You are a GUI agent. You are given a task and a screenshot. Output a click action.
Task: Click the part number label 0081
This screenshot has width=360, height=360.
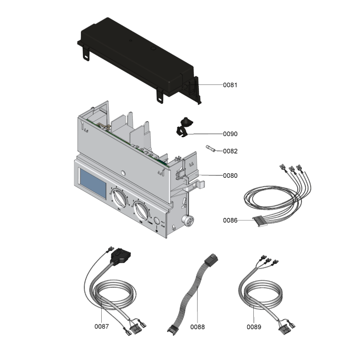[x=230, y=85]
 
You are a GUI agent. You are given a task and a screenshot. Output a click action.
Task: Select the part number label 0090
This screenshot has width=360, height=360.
[x=230, y=134]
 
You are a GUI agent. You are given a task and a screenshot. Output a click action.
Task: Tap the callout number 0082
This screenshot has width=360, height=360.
[x=230, y=151]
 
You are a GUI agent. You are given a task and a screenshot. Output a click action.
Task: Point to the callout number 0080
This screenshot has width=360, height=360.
[x=230, y=175]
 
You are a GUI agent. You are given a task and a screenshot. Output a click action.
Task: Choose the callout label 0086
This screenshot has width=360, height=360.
[x=230, y=220]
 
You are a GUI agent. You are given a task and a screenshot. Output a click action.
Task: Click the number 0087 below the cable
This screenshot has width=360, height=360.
[x=102, y=326]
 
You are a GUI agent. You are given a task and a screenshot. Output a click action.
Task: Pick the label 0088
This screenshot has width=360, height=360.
[x=197, y=327]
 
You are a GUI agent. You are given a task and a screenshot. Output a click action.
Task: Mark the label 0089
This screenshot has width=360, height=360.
[x=254, y=327]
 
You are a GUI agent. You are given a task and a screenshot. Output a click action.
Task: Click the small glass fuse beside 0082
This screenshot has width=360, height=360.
[x=211, y=148]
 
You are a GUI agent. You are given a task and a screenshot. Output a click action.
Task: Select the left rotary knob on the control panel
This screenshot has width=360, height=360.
[x=119, y=198]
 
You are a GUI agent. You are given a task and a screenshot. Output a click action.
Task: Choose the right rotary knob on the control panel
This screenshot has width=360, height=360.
[x=141, y=210]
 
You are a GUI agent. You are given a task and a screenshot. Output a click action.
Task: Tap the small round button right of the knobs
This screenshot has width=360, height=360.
[x=156, y=221]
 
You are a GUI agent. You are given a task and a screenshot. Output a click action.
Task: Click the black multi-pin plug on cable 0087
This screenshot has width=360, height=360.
[x=120, y=256]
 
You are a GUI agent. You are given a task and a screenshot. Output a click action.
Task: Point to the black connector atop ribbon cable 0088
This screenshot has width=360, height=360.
[x=211, y=259]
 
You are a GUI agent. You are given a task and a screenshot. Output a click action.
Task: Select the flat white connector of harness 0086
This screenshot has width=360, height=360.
[x=261, y=221]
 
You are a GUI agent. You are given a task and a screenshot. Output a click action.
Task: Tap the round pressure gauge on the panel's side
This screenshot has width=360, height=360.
[x=188, y=220]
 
